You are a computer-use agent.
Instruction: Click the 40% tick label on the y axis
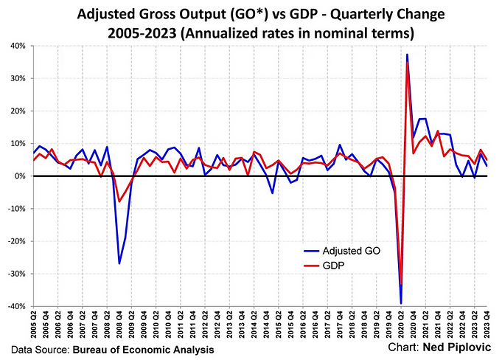(x=18, y=46)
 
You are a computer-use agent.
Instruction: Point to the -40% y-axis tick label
(x=16, y=306)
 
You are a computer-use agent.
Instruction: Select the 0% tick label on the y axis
(x=20, y=176)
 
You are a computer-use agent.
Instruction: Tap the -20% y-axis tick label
(x=16, y=241)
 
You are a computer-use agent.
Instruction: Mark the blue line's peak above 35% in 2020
(x=407, y=55)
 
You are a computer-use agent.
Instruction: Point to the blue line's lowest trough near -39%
(x=400, y=303)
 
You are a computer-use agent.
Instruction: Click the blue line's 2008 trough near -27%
(x=119, y=263)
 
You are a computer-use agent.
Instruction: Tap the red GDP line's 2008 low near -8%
(x=119, y=201)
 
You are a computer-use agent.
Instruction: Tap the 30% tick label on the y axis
(x=18, y=78)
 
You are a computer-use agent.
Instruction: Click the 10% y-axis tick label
(x=18, y=143)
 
